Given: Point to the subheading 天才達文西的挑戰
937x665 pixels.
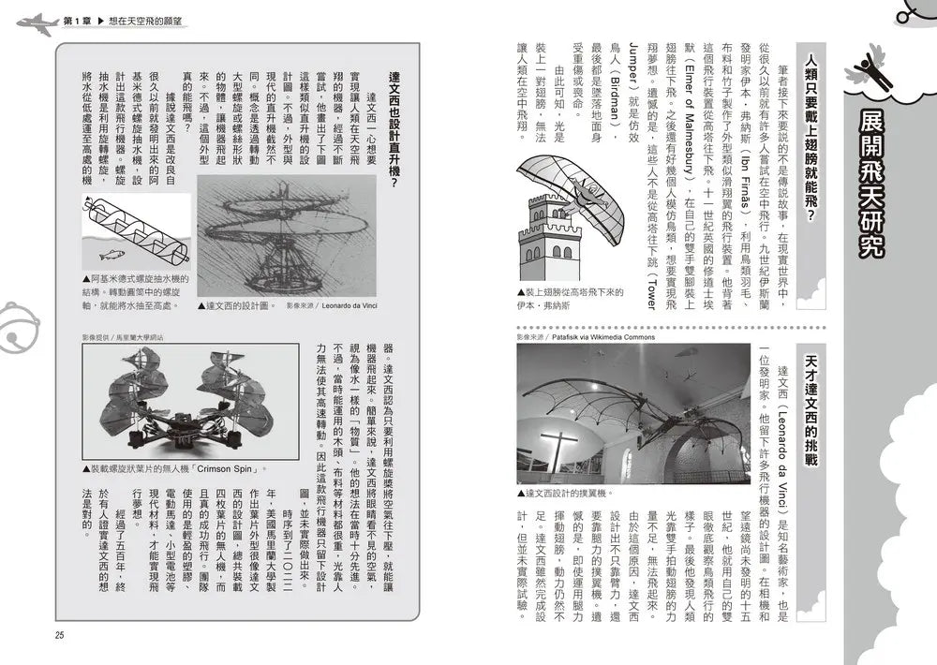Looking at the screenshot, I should click(811, 406).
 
